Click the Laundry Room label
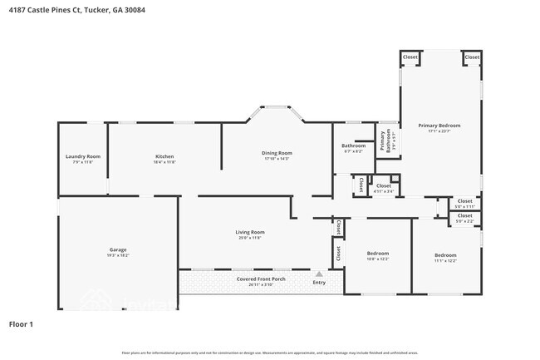(x=83, y=156)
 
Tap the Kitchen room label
(x=164, y=156)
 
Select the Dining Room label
(x=277, y=153)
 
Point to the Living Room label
(x=250, y=232)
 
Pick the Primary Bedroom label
(x=444, y=126)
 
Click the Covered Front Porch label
(x=261, y=279)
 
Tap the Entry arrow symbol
(x=318, y=273)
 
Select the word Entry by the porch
(x=319, y=283)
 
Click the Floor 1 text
(x=21, y=323)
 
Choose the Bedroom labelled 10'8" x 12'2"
(x=377, y=253)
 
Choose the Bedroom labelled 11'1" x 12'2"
(x=445, y=255)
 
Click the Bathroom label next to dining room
(x=354, y=146)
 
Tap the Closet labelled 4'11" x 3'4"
(x=384, y=186)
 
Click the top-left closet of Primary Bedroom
(x=410, y=57)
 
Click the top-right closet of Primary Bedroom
(x=471, y=57)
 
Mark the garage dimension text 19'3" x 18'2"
(x=118, y=256)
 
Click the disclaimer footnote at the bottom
(x=269, y=353)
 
